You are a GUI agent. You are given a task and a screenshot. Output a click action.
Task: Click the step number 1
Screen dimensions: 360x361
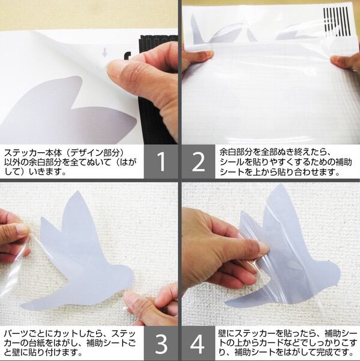(x=162, y=162)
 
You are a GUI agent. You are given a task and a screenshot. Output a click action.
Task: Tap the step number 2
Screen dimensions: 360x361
(x=198, y=162)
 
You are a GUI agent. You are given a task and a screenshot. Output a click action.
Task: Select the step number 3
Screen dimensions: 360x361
(x=161, y=344)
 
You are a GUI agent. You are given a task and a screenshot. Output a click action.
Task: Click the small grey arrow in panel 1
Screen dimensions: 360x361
(x=105, y=52)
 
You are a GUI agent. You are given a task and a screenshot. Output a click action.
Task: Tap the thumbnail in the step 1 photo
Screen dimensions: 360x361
(x=116, y=70)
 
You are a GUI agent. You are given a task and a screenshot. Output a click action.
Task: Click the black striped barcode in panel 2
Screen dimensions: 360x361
(x=337, y=22)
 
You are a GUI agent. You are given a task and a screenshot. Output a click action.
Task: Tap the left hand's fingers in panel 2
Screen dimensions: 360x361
(x=198, y=55)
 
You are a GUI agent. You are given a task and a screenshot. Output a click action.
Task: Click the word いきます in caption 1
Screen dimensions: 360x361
(x=45, y=172)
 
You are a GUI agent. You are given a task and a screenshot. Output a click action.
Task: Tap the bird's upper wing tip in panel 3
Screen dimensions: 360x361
(x=78, y=193)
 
